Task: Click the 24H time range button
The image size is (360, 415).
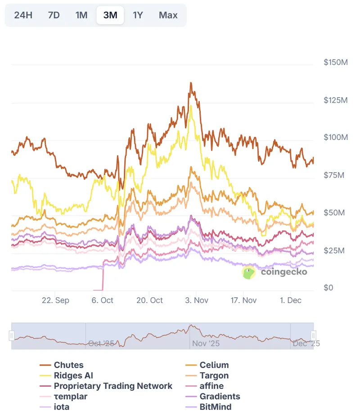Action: click(x=23, y=15)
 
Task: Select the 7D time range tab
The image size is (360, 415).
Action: click(x=54, y=15)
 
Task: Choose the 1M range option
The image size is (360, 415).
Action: click(x=81, y=15)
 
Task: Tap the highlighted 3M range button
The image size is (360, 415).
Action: click(x=110, y=15)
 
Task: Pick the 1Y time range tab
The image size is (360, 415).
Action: click(x=138, y=15)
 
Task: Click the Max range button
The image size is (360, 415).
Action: click(x=168, y=15)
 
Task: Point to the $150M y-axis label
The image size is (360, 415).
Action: click(x=336, y=62)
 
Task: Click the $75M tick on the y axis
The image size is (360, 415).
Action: click(x=334, y=175)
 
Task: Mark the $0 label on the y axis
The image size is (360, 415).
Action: click(x=328, y=288)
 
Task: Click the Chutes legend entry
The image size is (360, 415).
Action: click(x=68, y=365)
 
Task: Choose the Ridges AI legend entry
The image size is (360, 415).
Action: click(x=73, y=375)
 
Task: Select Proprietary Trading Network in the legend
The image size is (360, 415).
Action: click(x=112, y=386)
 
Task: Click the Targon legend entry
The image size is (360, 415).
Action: click(x=214, y=375)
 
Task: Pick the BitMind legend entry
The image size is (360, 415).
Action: click(x=216, y=407)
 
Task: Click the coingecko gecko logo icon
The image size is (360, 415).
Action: click(x=248, y=272)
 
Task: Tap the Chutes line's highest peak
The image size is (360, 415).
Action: click(x=191, y=83)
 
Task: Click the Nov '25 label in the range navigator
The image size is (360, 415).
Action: click(x=206, y=344)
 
